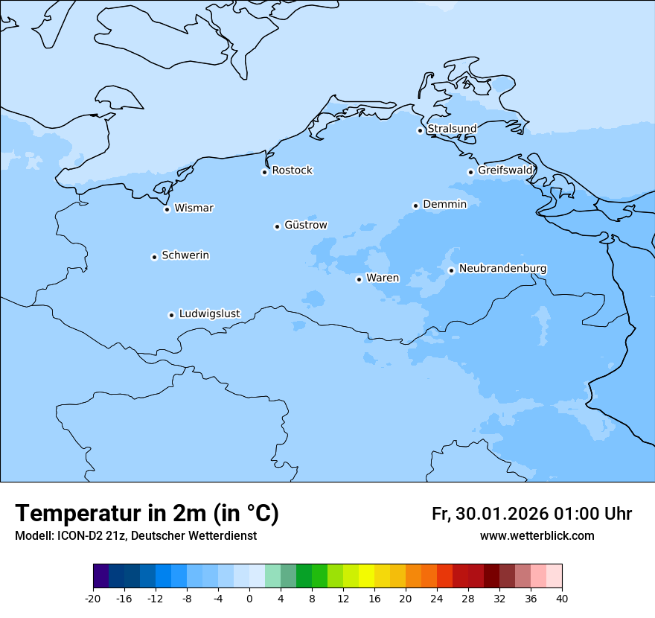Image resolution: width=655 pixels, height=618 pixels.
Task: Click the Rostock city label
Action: click(x=292, y=171)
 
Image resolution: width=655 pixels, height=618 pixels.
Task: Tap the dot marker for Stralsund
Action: click(x=420, y=130)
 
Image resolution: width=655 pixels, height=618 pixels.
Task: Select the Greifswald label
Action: click(x=505, y=171)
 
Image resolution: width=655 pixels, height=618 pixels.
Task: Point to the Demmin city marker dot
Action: click(x=415, y=206)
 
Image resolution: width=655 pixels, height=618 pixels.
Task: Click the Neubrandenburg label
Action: click(x=502, y=269)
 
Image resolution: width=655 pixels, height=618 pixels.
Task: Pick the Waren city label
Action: click(x=383, y=278)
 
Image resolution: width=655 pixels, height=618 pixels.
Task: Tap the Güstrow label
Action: click(x=305, y=225)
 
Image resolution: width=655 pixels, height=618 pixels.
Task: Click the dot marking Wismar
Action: click(x=167, y=209)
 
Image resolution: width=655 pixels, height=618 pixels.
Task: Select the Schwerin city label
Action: click(x=185, y=255)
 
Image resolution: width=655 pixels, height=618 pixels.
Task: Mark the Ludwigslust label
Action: click(x=209, y=314)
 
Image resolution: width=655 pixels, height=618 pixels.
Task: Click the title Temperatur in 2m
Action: click(x=147, y=514)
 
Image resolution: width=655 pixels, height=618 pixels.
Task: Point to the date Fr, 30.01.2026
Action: click(x=489, y=515)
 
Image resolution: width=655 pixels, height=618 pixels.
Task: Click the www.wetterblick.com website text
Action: click(x=537, y=536)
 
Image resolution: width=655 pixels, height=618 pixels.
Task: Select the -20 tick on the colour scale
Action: click(x=93, y=598)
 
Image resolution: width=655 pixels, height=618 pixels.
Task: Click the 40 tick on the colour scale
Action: click(x=561, y=598)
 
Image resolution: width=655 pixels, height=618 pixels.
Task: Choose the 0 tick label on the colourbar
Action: click(x=249, y=598)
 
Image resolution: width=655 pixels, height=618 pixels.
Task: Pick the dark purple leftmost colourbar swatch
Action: click(x=100, y=576)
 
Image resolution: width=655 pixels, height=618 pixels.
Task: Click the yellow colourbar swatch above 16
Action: click(x=366, y=576)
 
